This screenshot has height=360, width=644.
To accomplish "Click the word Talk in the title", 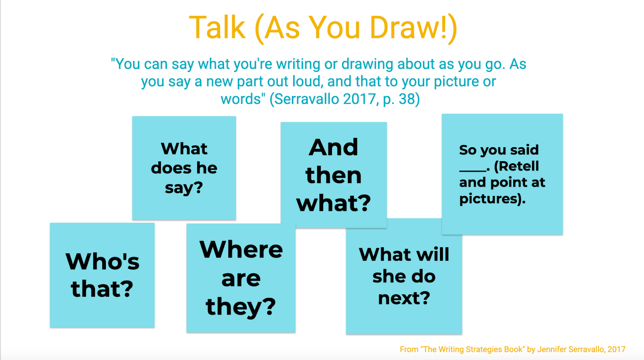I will pyautogui.click(x=217, y=28).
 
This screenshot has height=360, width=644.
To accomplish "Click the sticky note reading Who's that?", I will pyautogui.click(x=102, y=275).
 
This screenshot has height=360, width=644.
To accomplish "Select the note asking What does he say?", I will pyautogui.click(x=184, y=168).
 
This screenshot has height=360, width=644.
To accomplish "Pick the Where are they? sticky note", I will pyautogui.click(x=241, y=278).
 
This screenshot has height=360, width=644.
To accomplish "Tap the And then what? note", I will pyautogui.click(x=334, y=175).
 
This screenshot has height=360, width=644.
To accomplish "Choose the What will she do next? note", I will pyautogui.click(x=404, y=276).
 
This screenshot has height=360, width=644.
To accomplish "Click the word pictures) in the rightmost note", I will pyautogui.click(x=492, y=199).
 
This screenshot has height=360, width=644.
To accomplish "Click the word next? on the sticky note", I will pyautogui.click(x=404, y=298).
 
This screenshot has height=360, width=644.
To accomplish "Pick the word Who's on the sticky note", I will pyautogui.click(x=102, y=261).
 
